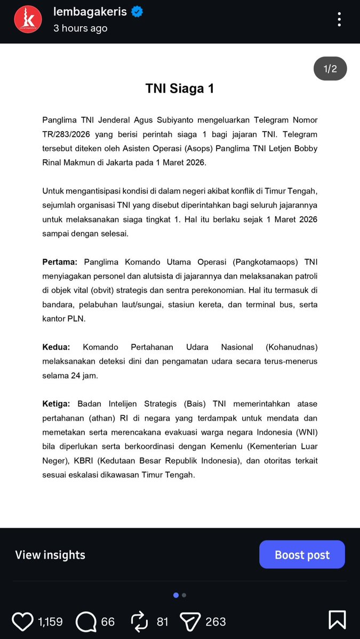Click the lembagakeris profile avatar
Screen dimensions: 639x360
28,19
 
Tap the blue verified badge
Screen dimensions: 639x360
137,12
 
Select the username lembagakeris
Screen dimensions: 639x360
90,12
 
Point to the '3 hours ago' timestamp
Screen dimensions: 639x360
80,28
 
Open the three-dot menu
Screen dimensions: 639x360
339,19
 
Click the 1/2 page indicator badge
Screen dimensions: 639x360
330,69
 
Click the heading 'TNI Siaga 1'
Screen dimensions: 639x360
180,88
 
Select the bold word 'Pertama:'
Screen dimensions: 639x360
60,262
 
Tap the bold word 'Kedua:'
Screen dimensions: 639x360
56,347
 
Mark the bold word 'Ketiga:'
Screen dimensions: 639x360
57,404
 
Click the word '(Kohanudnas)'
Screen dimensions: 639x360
291,347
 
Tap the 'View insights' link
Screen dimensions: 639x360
50,555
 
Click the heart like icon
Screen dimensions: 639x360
22,621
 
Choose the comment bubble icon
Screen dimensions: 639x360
86,621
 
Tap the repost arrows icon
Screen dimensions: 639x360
139,621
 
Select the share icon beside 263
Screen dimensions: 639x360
189,621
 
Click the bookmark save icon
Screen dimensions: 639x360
337,620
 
